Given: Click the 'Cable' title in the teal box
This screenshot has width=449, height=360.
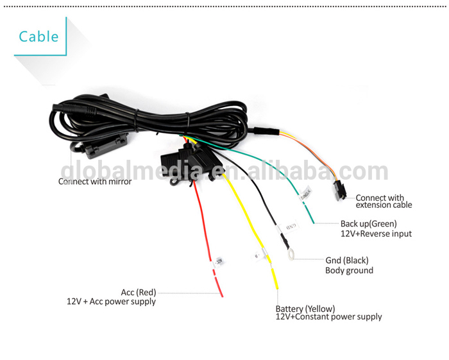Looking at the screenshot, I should tap(38, 36).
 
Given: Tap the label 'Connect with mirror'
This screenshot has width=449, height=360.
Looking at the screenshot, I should tap(95, 182).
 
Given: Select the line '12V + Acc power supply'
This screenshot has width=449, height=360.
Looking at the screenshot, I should tap(112, 301).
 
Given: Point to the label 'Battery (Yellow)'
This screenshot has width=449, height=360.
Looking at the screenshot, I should tap(305, 308).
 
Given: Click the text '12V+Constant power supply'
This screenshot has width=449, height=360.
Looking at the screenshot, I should tap(328, 317).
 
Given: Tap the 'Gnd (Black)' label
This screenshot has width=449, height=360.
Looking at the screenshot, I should tap(347, 261).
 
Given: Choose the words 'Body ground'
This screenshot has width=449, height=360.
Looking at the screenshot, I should tap(349, 270).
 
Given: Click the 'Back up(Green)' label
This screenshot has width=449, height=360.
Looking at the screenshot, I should tap(369, 224).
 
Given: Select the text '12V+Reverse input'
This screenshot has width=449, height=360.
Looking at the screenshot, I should tap(376, 234).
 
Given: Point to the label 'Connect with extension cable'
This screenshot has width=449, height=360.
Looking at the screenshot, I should tap(383, 201).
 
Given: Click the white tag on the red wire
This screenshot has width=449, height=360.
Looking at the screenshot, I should tap(217, 261).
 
